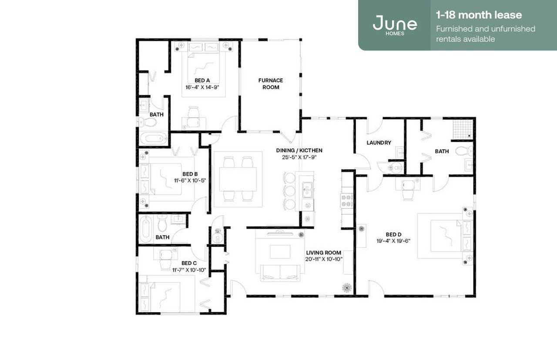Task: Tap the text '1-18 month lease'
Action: pos(479,15)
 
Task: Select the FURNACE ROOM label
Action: pos(271,83)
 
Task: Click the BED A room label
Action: pos(202,80)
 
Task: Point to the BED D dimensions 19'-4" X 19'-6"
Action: pos(394,240)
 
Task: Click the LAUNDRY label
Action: pos(379,143)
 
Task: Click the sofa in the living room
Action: pos(280,272)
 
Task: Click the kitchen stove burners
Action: pos(346,200)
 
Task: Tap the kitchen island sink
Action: pos(308,190)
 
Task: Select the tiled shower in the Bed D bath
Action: pos(461,129)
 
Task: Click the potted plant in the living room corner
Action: pos(347,287)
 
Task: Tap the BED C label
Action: pos(189,263)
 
